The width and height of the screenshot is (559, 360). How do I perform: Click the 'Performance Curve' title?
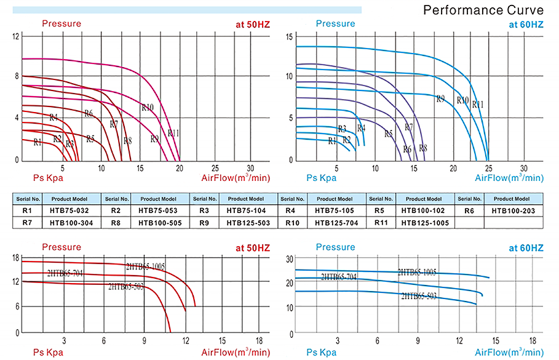click(483, 10)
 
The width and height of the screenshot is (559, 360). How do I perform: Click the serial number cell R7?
click(27, 222)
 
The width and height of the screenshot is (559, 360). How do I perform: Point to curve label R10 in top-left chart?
click(148, 107)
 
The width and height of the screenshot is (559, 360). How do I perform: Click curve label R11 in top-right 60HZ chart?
click(478, 104)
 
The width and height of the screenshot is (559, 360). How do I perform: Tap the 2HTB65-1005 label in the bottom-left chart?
click(145, 266)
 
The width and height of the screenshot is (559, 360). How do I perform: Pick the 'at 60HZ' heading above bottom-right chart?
click(526, 248)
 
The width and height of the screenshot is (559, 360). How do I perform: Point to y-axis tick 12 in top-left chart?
click(15, 36)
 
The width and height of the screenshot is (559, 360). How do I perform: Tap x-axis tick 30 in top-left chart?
click(250, 168)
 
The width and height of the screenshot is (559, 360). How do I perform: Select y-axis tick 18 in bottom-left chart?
click(15, 257)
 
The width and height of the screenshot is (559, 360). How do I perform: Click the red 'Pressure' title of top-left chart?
click(61, 24)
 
